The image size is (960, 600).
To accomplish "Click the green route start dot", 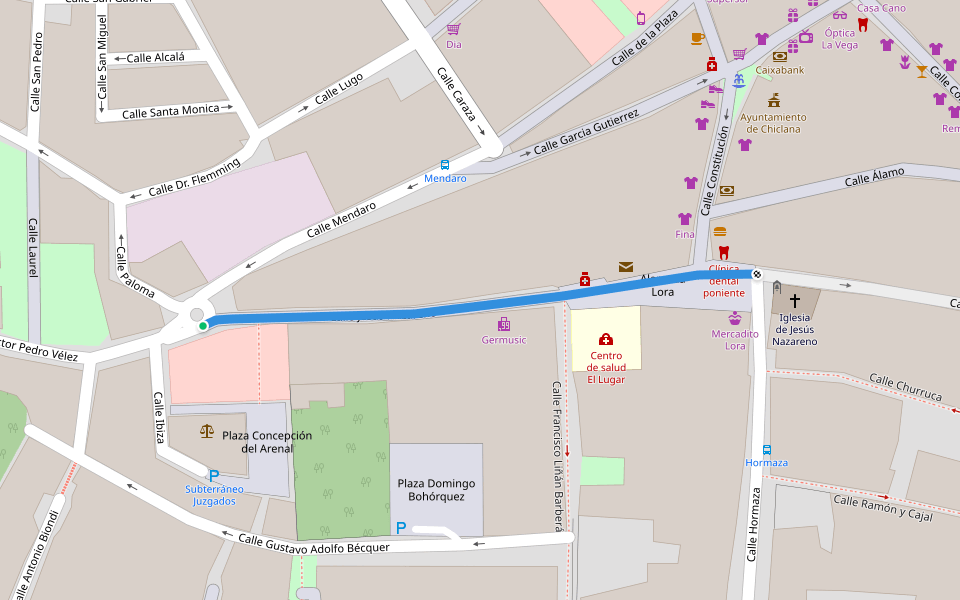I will (203, 326).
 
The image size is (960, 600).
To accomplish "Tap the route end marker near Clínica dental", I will (757, 274).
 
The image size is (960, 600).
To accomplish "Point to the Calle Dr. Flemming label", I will (194, 177).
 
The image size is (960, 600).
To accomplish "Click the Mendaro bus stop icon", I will (445, 164).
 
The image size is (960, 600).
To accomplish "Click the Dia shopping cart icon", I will (453, 29).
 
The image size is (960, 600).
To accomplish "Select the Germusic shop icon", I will (504, 324).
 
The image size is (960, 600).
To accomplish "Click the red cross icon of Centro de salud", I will (605, 340).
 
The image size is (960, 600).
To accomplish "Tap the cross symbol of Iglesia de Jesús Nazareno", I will (795, 300).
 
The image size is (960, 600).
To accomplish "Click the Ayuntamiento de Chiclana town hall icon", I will (773, 100).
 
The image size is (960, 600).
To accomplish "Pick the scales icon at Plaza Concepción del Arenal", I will (207, 431).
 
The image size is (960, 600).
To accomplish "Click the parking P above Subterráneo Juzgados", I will (213, 476).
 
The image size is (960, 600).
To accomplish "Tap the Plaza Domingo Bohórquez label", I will (436, 490).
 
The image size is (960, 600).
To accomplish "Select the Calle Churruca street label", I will (905, 387).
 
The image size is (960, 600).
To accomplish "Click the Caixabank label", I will (779, 71).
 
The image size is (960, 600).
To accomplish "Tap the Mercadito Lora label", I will (735, 339).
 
